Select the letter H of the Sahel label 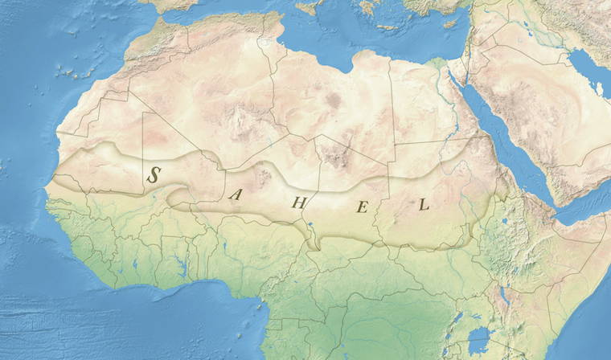pos(298,202)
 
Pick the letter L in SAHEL pos(424,204)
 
